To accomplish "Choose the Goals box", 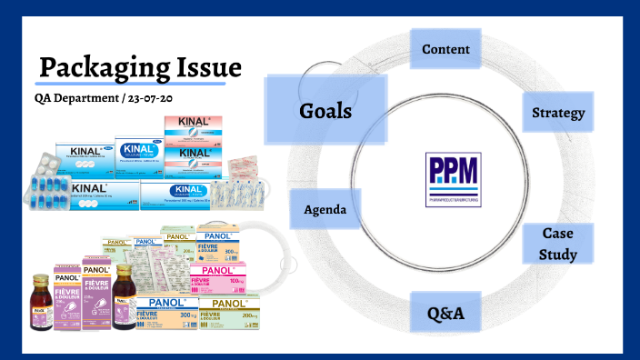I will pos(325,110).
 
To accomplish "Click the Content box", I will pos(445,49).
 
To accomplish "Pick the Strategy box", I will pos(557,114).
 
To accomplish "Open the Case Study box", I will pos(558,244).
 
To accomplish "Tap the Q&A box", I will pos(446,315).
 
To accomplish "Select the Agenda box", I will pos(325,209).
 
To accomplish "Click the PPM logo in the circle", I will pos(453,179).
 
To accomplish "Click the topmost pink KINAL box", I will pos(192,126).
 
